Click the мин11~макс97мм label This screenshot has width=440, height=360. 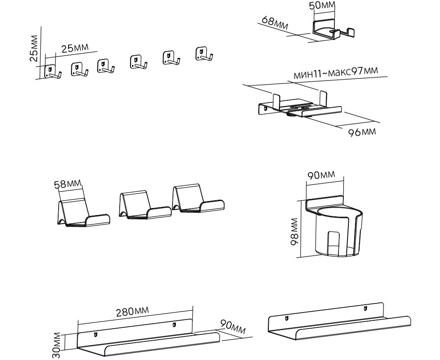pyautogui.click(x=336, y=72)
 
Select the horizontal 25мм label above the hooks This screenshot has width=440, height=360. pyautogui.click(x=75, y=48)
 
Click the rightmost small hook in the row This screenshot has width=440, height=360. pyautogui.click(x=203, y=55)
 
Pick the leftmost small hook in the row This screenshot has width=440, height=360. pyautogui.click(x=52, y=71)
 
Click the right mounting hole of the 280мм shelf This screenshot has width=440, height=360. pyautogui.click(x=174, y=325)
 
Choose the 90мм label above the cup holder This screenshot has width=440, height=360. pyautogui.click(x=321, y=175)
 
